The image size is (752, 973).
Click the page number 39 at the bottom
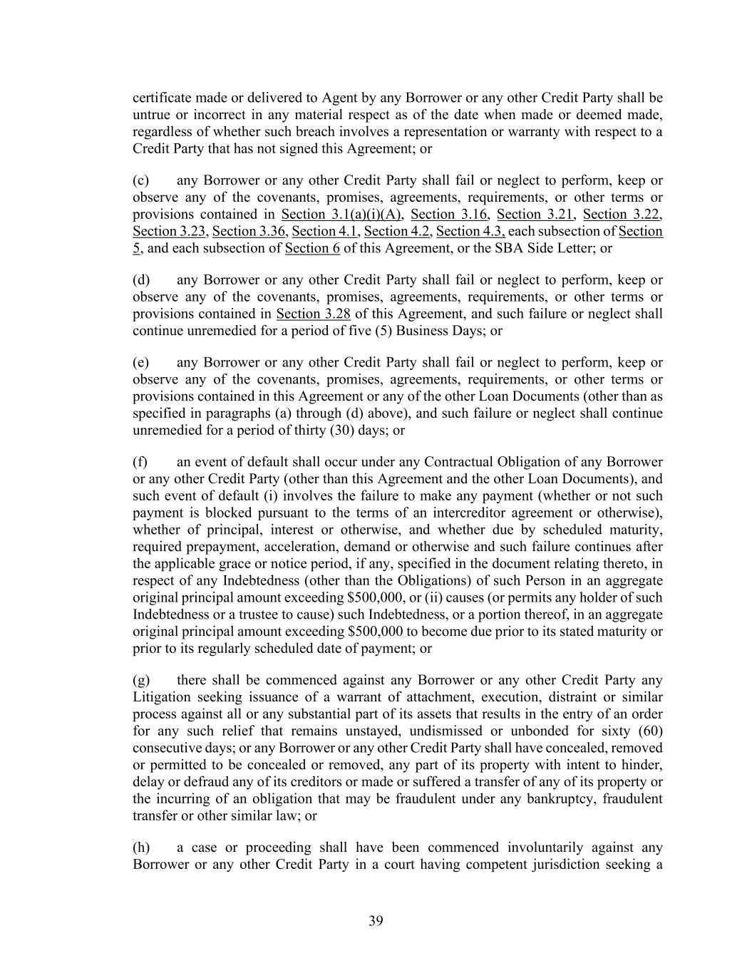point(376,921)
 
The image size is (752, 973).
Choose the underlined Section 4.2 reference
point(397,232)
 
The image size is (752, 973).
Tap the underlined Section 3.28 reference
point(313,314)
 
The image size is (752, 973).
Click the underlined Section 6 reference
point(312,249)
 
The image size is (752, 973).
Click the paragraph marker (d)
point(141,280)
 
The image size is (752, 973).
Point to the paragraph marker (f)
point(140,462)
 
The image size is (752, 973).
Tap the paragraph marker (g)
point(141,680)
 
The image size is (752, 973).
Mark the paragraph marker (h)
point(141,848)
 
